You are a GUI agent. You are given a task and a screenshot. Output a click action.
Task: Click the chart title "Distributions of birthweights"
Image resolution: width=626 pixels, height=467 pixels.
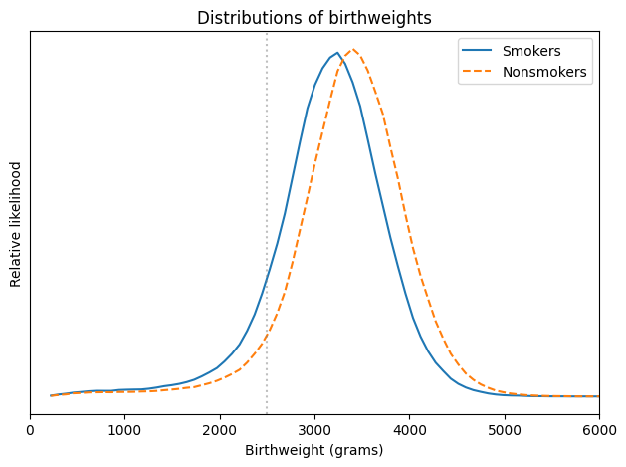click(x=314, y=18)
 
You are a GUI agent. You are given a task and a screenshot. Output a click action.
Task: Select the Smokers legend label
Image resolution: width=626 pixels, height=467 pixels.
click(x=531, y=50)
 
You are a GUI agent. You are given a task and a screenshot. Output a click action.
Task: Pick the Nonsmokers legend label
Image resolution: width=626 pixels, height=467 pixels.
click(x=544, y=72)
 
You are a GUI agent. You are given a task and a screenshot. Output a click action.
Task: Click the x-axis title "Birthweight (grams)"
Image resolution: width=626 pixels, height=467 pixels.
click(x=314, y=450)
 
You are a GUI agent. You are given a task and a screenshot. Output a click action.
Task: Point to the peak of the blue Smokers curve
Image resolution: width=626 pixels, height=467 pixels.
click(x=336, y=53)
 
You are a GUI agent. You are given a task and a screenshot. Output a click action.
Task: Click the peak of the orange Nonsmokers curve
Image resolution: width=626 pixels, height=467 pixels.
click(x=352, y=49)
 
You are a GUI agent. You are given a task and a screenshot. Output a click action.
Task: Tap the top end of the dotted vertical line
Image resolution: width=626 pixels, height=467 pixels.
click(x=267, y=33)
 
